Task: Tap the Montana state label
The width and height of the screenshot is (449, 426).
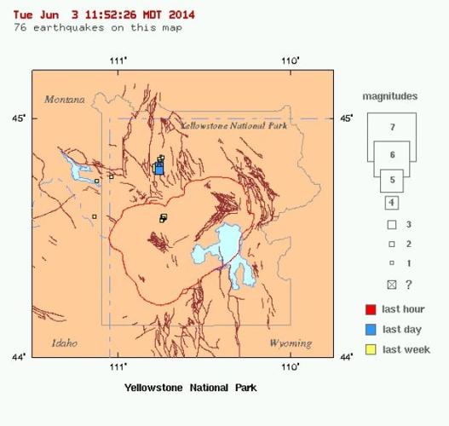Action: point(65,100)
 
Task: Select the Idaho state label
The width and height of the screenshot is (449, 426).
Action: point(64,343)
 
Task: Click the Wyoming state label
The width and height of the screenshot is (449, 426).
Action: point(290,343)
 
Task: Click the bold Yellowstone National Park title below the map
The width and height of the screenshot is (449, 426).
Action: point(190,387)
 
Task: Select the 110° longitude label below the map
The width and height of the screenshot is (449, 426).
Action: point(291,367)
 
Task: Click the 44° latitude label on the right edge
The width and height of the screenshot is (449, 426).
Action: point(346,357)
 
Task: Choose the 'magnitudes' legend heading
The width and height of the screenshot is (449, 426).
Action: point(391,97)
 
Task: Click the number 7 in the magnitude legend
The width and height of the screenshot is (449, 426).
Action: point(392,126)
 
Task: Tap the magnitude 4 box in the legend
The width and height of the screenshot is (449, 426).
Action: point(391,203)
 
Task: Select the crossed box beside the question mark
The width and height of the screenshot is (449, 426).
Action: point(392,284)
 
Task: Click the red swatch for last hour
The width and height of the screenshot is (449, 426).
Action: point(371,309)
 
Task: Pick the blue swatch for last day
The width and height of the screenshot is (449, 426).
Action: point(371,329)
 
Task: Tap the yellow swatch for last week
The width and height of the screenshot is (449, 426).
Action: point(371,349)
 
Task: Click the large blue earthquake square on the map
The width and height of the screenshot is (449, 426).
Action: point(158,168)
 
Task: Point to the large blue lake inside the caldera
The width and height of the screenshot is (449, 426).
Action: point(220,249)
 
